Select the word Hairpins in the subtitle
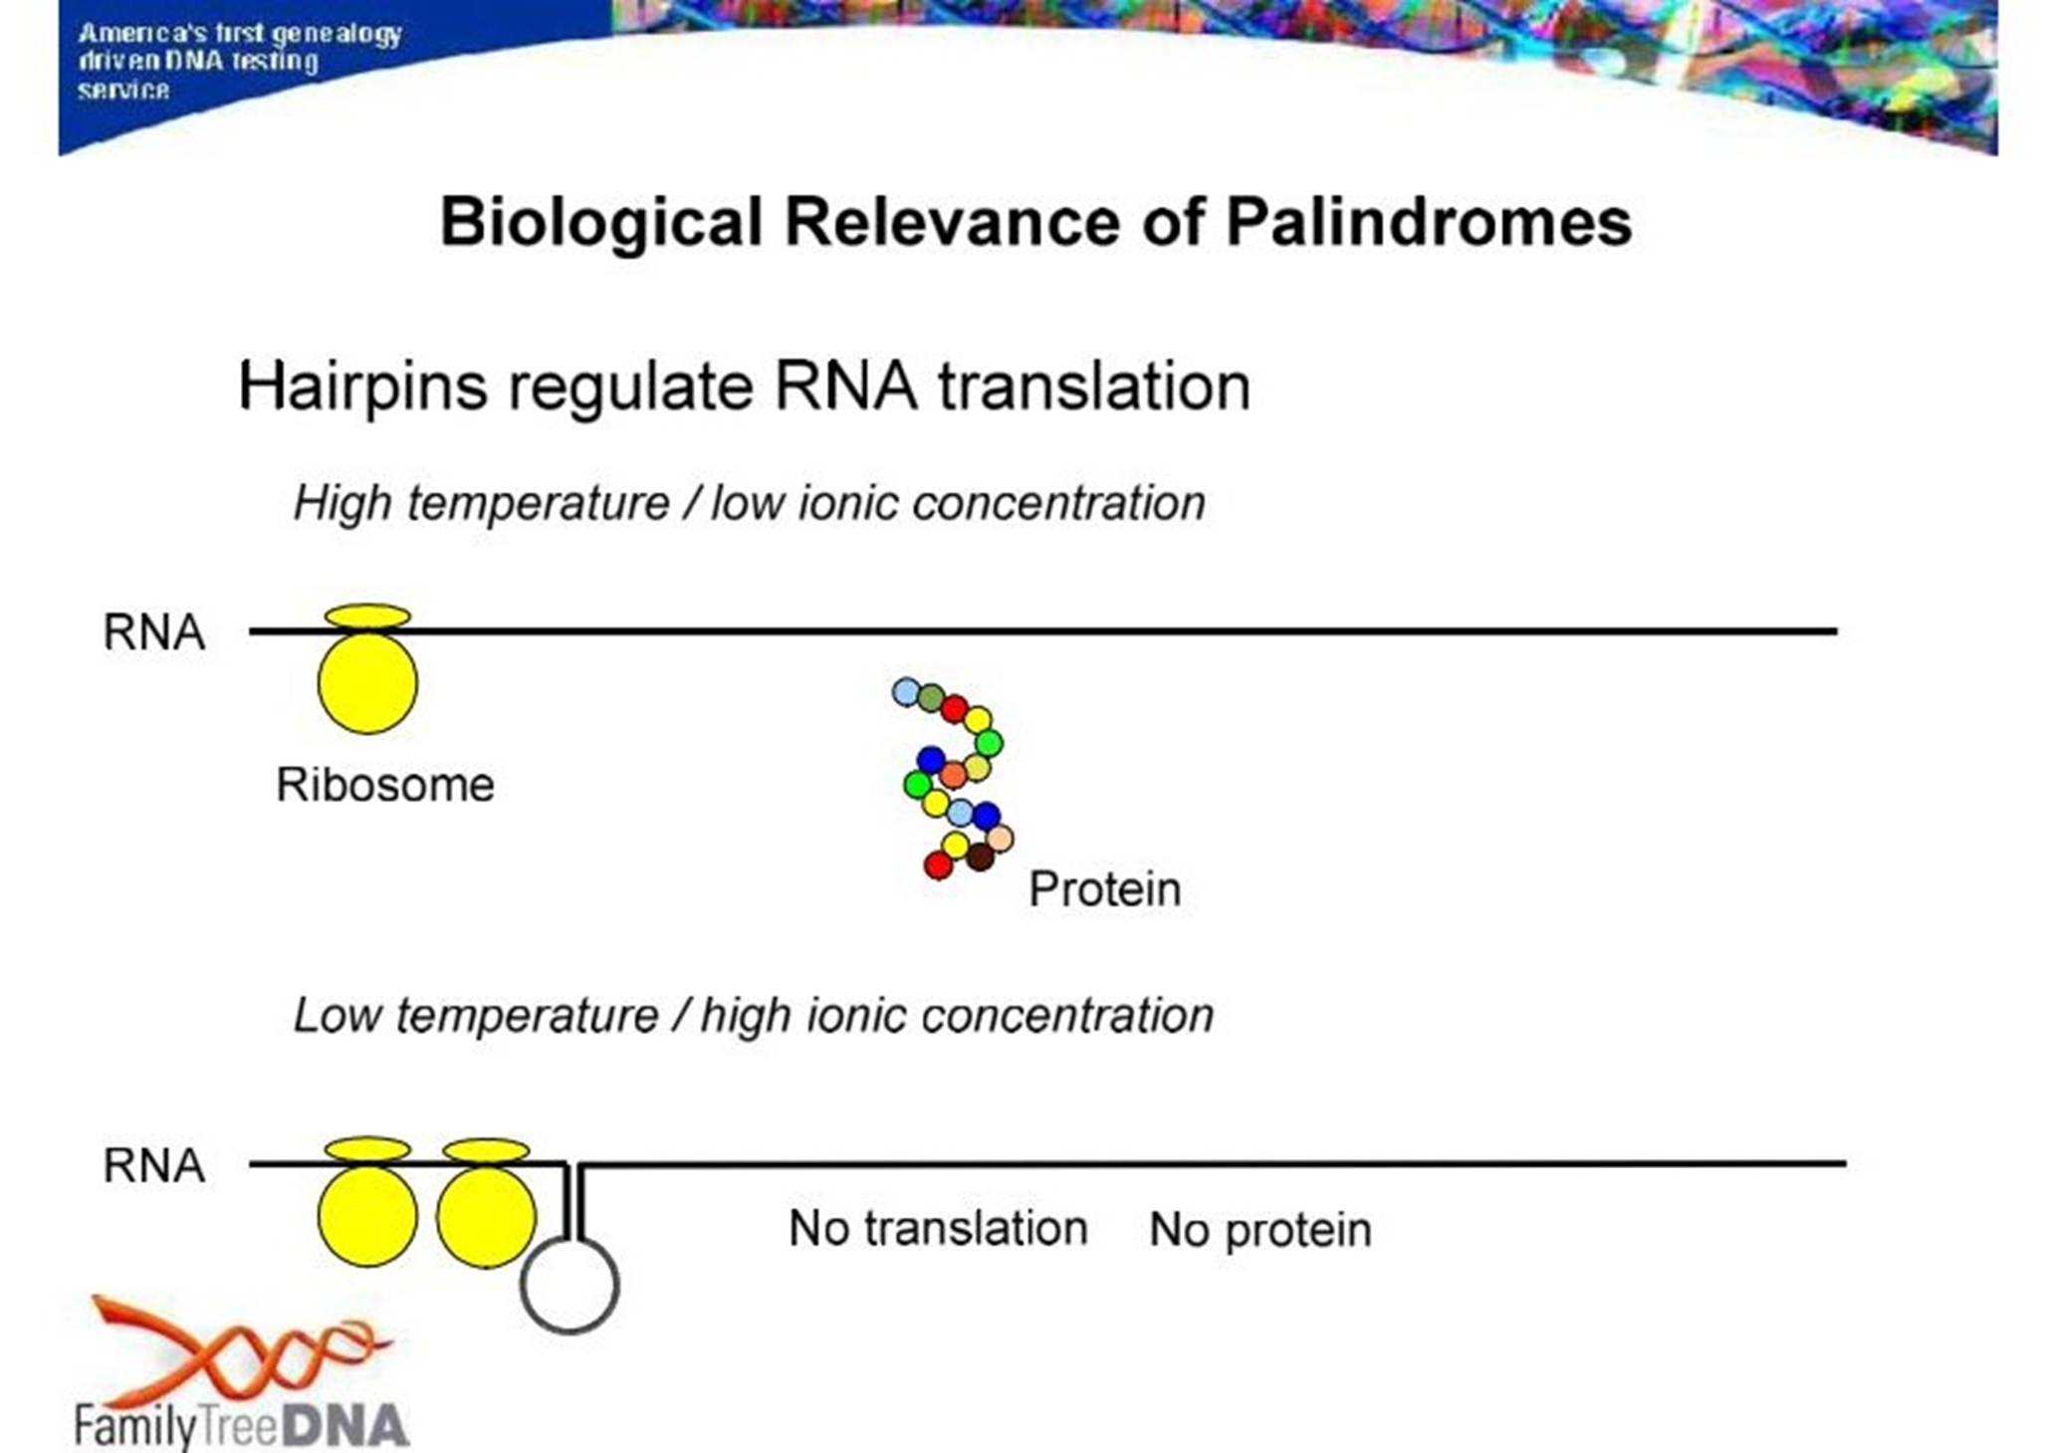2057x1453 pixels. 362,386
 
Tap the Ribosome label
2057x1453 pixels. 385,785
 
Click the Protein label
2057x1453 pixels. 1105,889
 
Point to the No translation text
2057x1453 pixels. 938,1229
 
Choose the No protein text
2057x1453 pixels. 1260,1231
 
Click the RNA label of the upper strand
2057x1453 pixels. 154,632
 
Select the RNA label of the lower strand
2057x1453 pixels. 154,1165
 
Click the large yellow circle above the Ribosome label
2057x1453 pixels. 367,683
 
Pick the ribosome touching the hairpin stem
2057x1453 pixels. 486,1217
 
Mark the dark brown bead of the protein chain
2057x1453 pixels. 980,856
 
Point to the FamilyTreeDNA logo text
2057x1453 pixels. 241,1426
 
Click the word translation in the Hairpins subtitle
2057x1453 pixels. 1094,386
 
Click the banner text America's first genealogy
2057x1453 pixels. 240,34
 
